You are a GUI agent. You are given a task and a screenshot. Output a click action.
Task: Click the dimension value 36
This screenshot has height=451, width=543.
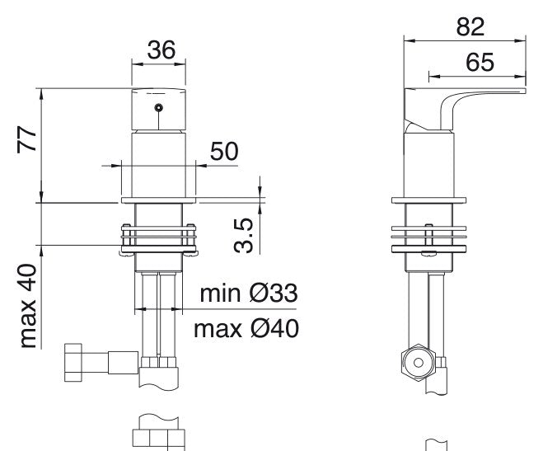(161, 49)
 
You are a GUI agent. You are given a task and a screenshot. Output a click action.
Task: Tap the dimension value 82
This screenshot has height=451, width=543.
(470, 26)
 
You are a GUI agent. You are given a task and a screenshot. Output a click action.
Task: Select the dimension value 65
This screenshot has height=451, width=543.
(480, 63)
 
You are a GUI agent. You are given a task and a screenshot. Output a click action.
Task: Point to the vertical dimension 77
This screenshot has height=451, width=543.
(27, 139)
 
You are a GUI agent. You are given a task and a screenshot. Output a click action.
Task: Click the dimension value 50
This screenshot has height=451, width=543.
(224, 152)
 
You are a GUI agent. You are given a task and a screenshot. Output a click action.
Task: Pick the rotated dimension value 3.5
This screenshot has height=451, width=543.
(243, 236)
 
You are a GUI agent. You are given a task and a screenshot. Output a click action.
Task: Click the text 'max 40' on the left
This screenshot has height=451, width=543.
(28, 306)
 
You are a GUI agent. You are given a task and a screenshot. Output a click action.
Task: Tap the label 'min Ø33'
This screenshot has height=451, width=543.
(249, 294)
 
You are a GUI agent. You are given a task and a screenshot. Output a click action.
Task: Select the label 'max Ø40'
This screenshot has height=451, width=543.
(246, 329)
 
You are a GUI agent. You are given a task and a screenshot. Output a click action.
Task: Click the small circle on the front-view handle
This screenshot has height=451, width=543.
(158, 108)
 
